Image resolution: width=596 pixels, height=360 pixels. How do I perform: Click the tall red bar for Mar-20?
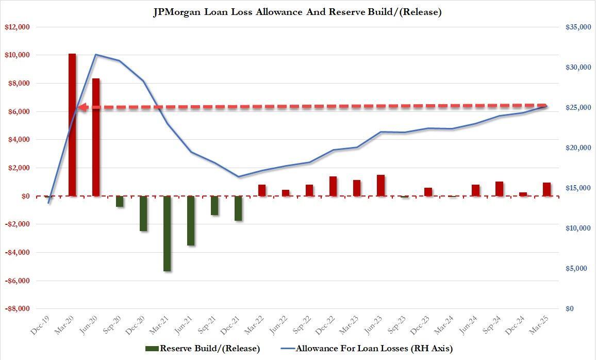click(72, 125)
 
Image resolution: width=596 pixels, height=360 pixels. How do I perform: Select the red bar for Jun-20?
click(96, 137)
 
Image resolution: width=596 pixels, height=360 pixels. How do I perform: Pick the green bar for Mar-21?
click(167, 233)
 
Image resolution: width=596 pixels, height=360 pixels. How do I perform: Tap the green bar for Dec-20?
click(143, 214)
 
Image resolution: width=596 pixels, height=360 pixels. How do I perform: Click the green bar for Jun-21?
click(191, 221)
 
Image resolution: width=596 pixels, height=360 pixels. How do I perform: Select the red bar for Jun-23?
click(380, 186)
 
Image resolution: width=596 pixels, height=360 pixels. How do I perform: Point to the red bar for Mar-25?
click(547, 189)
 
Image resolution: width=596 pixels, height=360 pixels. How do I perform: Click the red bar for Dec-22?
click(333, 186)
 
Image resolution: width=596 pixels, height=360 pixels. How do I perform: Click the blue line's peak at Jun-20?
click(96, 55)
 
